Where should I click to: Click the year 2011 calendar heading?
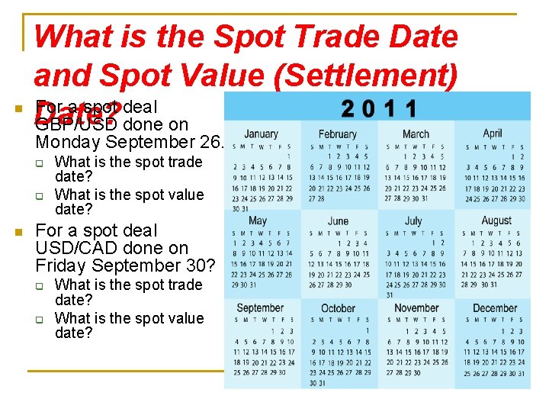coord(379,109)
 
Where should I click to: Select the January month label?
coord(261,134)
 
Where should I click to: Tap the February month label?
coord(337,134)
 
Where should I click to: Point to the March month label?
coord(416,134)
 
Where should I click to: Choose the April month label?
coord(493,133)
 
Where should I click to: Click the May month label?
coord(258,220)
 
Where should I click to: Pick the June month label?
coord(338,220)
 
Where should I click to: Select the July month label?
coord(414,220)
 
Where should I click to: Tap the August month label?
coord(496,220)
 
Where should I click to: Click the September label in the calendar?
coord(260,308)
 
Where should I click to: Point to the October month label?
coord(338,308)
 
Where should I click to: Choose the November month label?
coord(416,308)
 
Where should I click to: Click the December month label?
coord(495,308)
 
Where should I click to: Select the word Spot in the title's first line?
coord(255,37)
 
